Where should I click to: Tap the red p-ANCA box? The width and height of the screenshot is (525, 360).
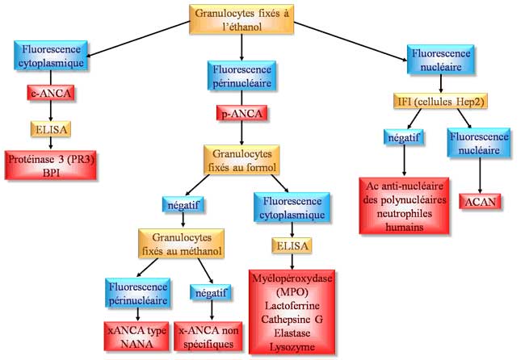click(241, 114)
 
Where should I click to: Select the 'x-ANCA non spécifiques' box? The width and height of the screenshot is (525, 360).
click(212, 336)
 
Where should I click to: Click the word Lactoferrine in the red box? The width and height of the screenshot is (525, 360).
click(293, 306)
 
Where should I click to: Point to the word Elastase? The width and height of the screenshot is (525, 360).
click(293, 333)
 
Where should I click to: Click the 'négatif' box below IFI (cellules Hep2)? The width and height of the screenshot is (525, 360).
click(404, 136)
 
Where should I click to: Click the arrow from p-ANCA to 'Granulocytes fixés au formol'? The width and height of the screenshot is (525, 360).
click(241, 132)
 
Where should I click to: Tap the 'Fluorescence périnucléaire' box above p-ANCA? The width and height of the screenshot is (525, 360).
click(241, 75)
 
